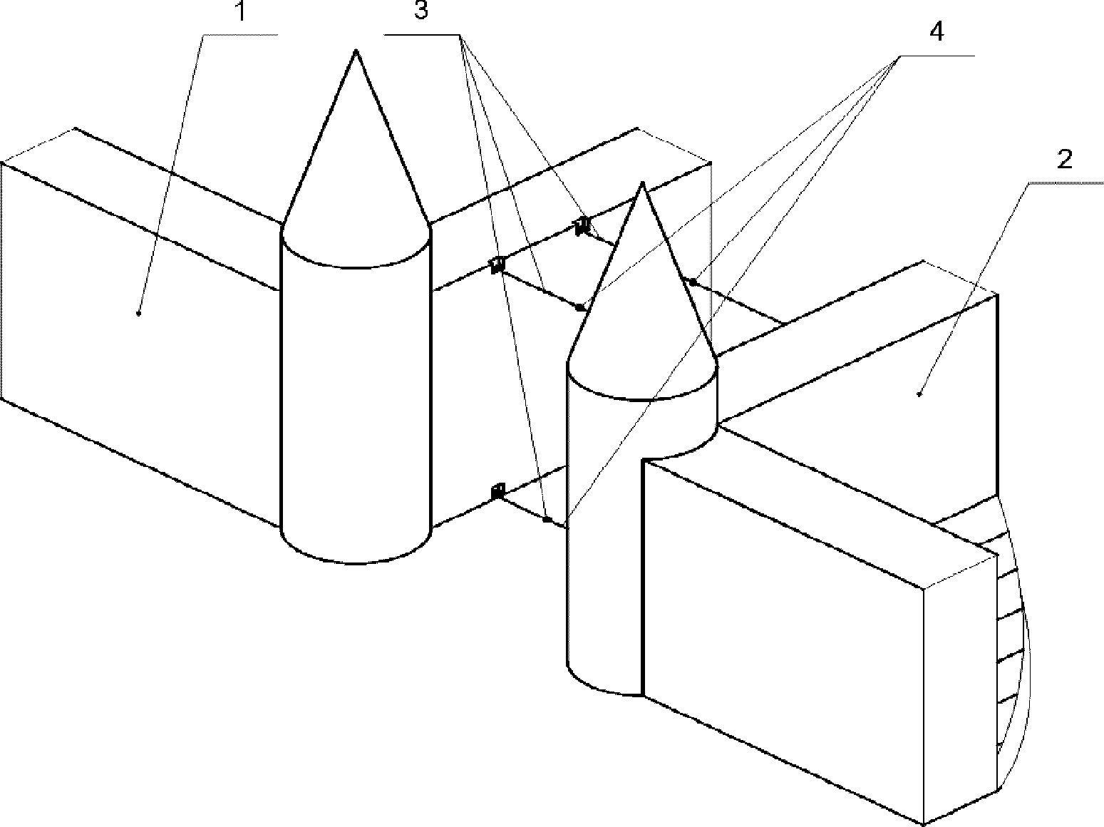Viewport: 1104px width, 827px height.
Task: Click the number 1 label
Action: pyautogui.click(x=241, y=13)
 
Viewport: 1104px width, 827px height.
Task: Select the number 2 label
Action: pyautogui.click(x=1063, y=160)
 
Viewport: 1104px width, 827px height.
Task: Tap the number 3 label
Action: pyautogui.click(x=421, y=12)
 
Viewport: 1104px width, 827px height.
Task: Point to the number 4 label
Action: pyautogui.click(x=937, y=31)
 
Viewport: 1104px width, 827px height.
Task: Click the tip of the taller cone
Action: pyautogui.click(x=356, y=51)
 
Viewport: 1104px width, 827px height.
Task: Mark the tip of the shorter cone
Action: pyautogui.click(x=642, y=183)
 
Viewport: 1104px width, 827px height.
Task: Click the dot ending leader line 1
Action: pyautogui.click(x=138, y=312)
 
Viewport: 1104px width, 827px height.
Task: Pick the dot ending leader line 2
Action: pyautogui.click(x=919, y=393)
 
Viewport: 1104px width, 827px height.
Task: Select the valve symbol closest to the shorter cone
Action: pyautogui.click(x=582, y=226)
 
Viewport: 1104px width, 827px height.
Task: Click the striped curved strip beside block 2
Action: pyautogui.click(x=1011, y=642)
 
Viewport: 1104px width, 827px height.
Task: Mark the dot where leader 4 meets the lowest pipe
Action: pyautogui.click(x=546, y=520)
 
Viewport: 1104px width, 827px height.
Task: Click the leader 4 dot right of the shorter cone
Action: pyautogui.click(x=691, y=282)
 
